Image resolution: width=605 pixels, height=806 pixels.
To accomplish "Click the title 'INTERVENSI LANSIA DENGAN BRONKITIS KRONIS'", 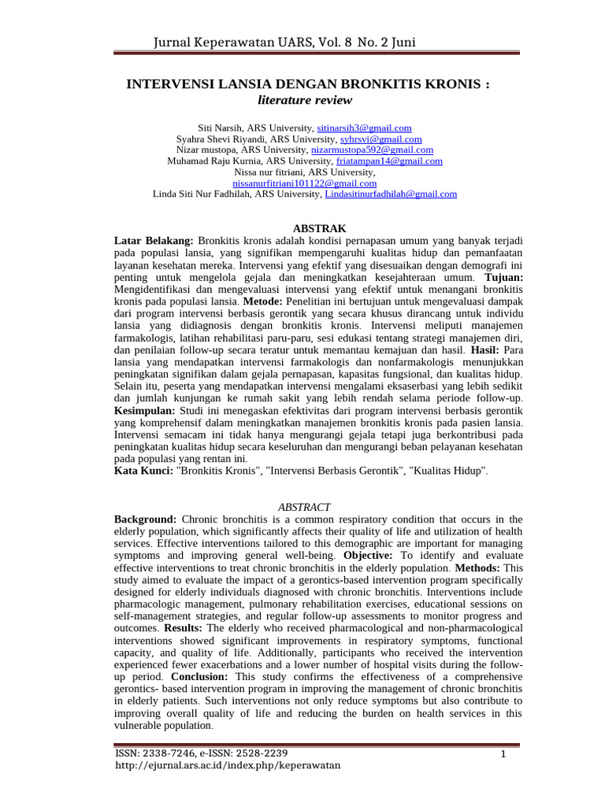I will pyautogui.click(x=308, y=84).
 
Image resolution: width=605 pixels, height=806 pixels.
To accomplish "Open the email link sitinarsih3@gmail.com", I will pyautogui.click(x=364, y=128).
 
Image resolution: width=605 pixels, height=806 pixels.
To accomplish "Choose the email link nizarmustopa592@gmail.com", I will pyautogui.click(x=383, y=150).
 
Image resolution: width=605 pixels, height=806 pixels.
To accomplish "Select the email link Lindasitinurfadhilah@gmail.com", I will pyautogui.click(x=391, y=194).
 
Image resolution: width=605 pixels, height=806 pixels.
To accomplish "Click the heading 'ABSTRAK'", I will pyautogui.click(x=303, y=227).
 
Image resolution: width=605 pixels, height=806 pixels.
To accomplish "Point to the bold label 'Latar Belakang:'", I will pyautogui.click(x=154, y=238).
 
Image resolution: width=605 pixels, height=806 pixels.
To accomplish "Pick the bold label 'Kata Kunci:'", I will pyautogui.click(x=143, y=470).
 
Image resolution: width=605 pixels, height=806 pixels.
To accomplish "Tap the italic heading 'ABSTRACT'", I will pyautogui.click(x=304, y=508).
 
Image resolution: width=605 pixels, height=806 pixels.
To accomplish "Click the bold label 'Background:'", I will pyautogui.click(x=146, y=519).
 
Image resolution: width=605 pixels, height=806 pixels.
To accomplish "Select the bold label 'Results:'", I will pyautogui.click(x=184, y=627).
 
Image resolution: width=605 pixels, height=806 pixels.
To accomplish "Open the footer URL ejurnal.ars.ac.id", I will pyautogui.click(x=228, y=766).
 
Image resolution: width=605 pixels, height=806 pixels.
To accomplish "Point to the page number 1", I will pyautogui.click(x=502, y=756).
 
